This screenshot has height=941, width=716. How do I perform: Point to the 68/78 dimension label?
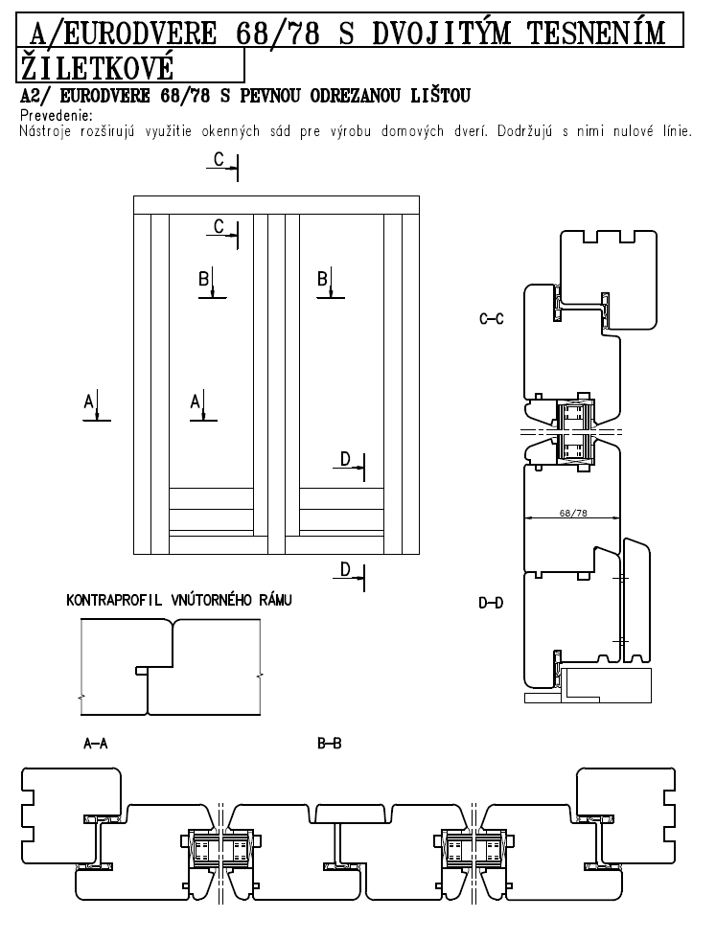click(x=573, y=513)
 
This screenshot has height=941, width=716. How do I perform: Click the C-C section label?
click(x=492, y=319)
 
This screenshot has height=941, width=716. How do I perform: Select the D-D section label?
click(x=491, y=603)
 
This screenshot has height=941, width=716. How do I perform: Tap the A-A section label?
click(x=96, y=744)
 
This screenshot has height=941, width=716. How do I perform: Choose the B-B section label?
click(x=330, y=744)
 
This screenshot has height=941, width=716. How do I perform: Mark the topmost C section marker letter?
click(x=219, y=160)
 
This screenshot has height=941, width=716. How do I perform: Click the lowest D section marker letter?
click(x=345, y=569)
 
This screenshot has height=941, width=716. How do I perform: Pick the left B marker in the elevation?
click(x=204, y=279)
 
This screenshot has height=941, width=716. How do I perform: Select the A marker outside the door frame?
click(x=89, y=402)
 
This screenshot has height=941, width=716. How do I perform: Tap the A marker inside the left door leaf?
click(x=195, y=402)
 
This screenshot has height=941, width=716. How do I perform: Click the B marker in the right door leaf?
click(x=323, y=279)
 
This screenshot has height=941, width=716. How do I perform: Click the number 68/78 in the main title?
click(x=277, y=33)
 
